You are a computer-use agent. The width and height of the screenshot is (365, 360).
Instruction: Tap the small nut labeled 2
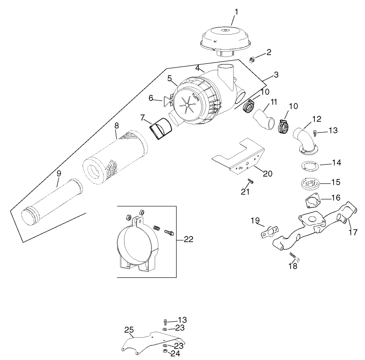pos(251,59)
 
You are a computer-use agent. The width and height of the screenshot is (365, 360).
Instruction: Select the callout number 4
pos(198,68)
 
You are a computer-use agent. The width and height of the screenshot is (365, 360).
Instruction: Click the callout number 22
pos(188,240)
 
